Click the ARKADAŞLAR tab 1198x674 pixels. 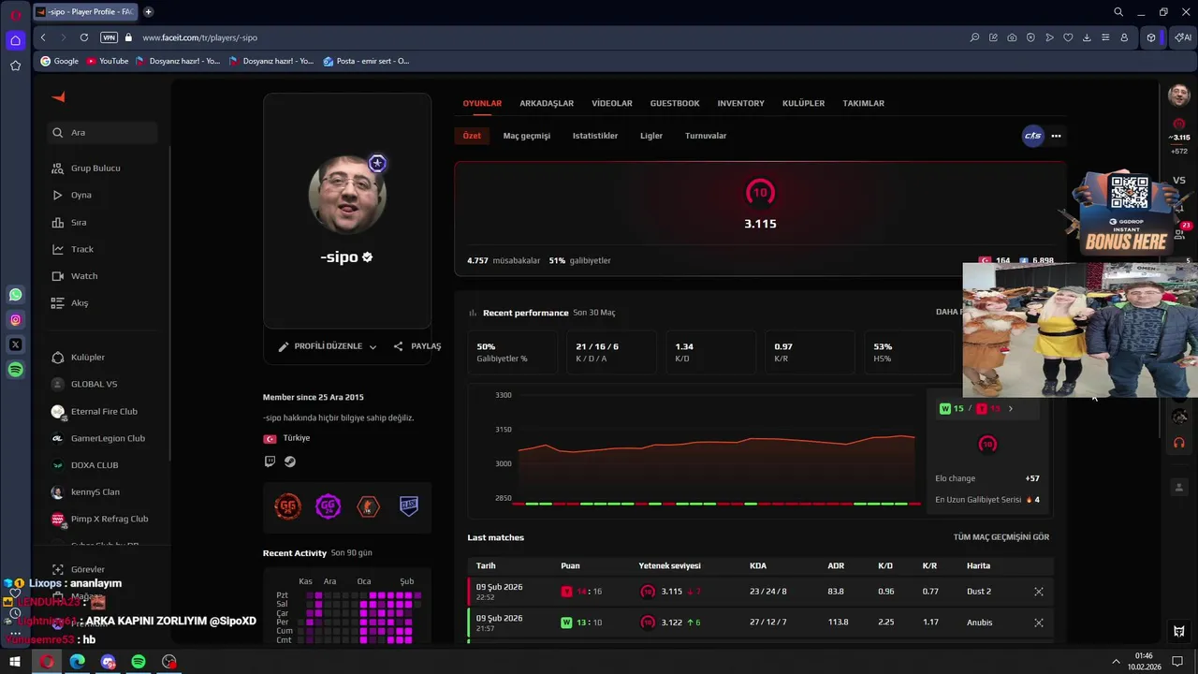(x=547, y=103)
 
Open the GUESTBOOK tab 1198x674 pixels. (x=675, y=103)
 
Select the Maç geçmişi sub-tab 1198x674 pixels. (x=526, y=136)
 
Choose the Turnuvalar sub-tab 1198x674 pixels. (x=706, y=136)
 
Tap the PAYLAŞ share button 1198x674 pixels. (x=417, y=346)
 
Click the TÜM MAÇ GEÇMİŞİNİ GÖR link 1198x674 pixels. (x=1001, y=537)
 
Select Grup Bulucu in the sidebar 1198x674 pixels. (x=95, y=168)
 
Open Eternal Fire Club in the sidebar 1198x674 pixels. (x=104, y=412)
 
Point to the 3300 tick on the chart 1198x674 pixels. (x=504, y=395)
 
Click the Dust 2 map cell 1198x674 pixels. (x=978, y=592)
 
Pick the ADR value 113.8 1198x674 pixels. (x=838, y=623)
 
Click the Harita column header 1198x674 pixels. (x=978, y=565)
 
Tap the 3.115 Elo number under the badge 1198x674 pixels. (x=760, y=224)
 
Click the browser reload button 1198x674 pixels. (x=84, y=37)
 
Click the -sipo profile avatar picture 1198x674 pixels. (x=346, y=195)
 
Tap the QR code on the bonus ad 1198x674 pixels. (x=1129, y=193)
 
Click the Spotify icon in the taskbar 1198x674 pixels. (x=139, y=662)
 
